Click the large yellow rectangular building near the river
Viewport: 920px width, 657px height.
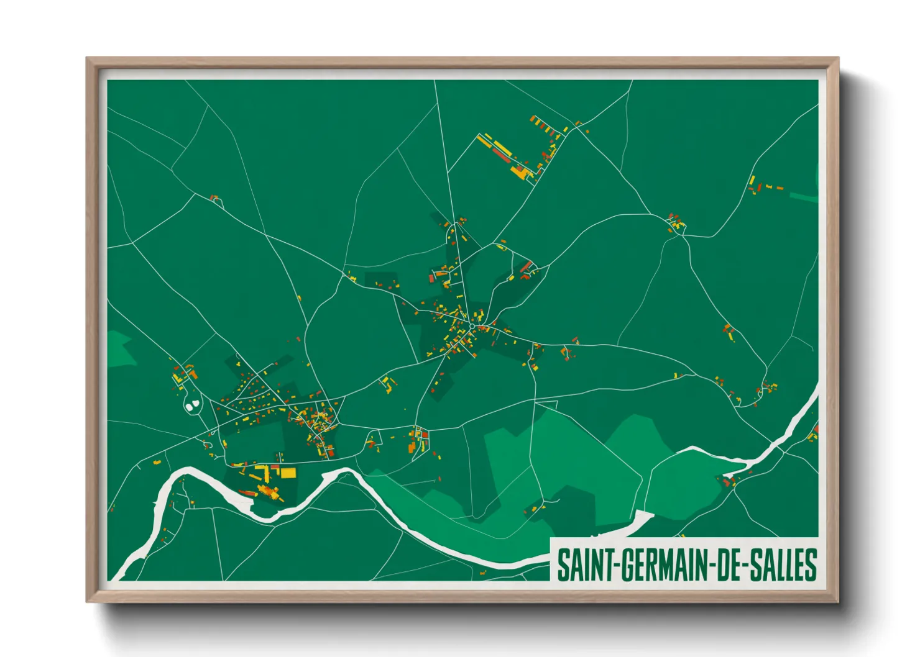point(288,473)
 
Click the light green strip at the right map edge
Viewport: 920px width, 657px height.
point(803,197)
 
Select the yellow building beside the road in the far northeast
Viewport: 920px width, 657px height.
point(752,180)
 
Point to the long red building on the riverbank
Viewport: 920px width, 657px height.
point(247,494)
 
